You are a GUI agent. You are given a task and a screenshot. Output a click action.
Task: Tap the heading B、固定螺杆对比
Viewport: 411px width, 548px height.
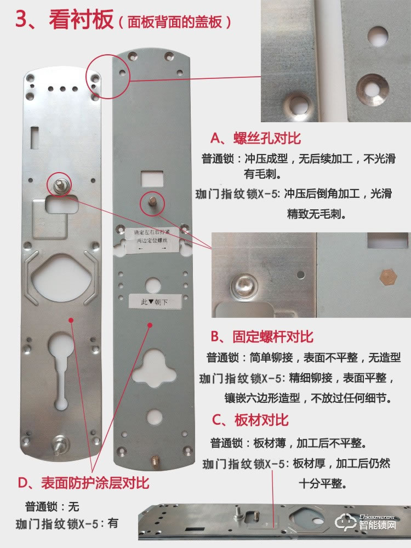click(x=262, y=336)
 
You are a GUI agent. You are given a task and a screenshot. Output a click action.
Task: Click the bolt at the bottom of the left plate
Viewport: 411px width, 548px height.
click(x=59, y=444)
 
